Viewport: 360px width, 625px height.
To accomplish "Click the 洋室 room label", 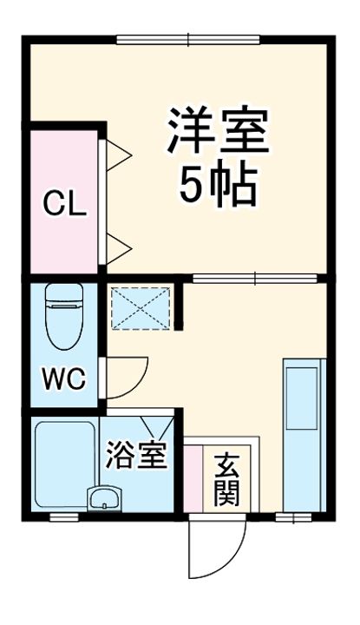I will (x=217, y=131).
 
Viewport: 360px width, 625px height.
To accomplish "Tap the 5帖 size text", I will (x=217, y=182).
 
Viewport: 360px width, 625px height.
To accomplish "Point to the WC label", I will (x=65, y=378).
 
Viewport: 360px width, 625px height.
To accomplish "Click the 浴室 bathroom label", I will (x=136, y=456).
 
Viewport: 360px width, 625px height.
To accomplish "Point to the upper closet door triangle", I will (x=118, y=155).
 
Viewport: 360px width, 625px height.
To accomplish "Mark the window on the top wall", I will (x=187, y=39).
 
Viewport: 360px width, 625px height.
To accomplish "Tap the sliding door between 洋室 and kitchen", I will (x=255, y=278).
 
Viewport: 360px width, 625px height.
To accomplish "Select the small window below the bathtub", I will (x=62, y=516).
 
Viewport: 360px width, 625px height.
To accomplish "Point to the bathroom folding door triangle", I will (x=159, y=426).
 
